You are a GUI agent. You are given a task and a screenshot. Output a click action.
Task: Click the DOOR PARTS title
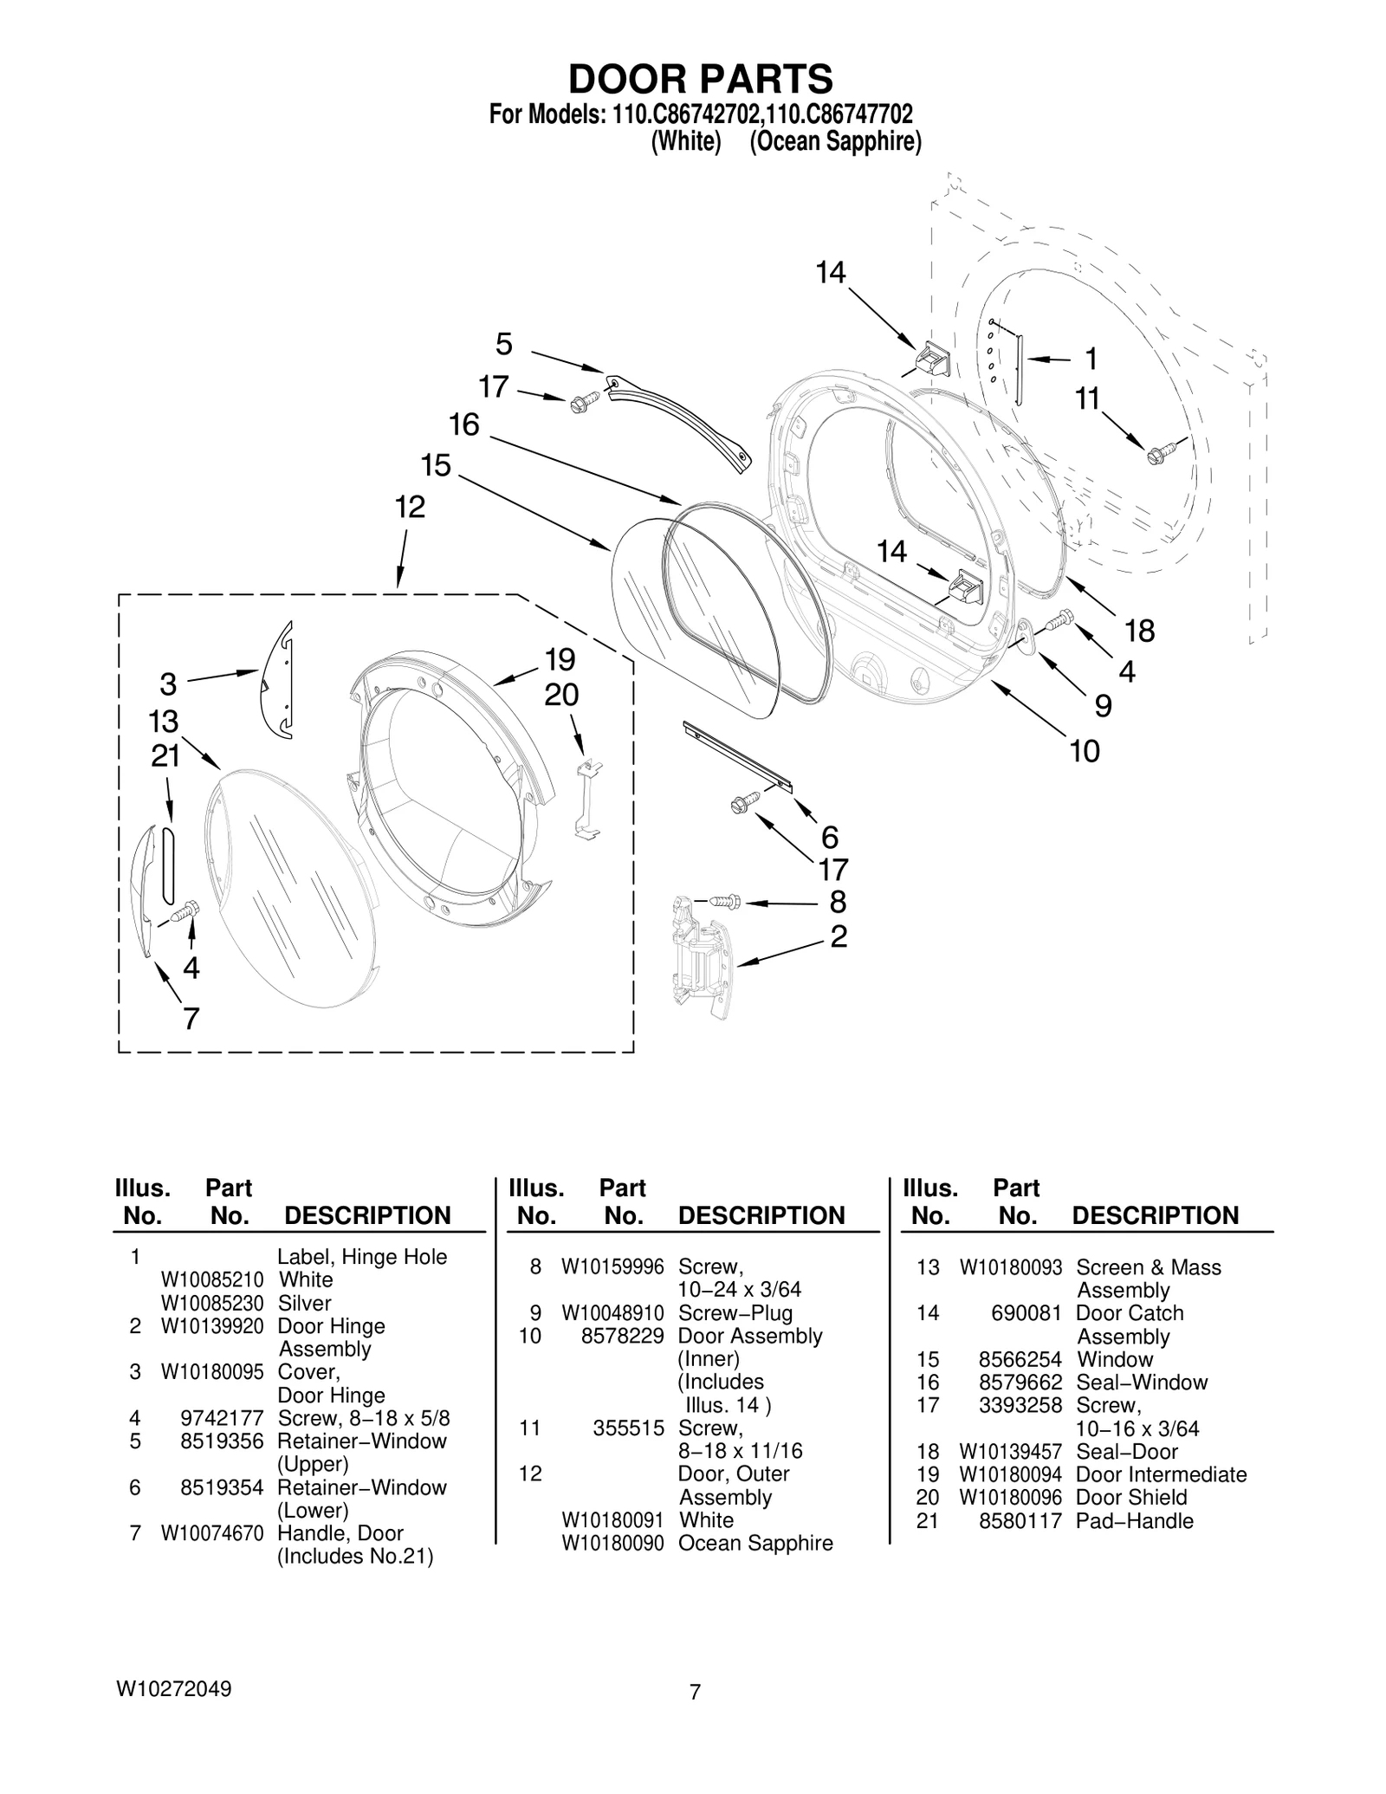point(700,79)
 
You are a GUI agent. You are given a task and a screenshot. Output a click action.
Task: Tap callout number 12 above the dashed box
point(410,507)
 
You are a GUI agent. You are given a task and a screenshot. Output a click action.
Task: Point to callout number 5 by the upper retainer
point(503,345)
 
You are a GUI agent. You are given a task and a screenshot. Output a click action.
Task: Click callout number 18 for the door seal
point(1139,631)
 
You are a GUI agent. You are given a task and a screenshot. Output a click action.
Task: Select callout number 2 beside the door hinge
point(838,936)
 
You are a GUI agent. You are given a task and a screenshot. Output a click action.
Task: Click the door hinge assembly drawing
point(700,956)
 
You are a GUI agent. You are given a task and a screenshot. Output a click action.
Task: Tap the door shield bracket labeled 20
point(588,797)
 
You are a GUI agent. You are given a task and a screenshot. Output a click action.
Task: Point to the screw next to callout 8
point(725,902)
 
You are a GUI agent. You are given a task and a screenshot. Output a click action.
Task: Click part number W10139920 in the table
point(212,1326)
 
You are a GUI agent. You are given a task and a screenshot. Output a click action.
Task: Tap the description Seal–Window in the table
point(1141,1383)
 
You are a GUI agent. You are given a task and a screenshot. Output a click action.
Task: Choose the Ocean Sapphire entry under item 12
point(755,1543)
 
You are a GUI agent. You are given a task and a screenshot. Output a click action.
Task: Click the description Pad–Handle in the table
point(1134,1521)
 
